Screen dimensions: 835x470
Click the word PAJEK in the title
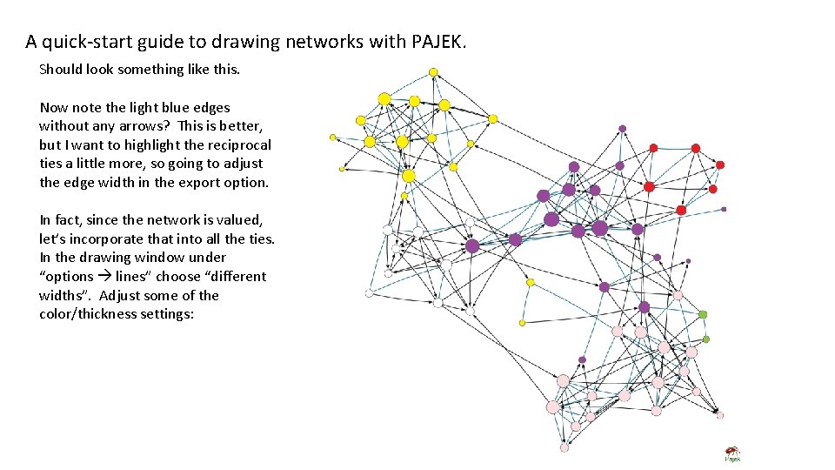(x=439, y=41)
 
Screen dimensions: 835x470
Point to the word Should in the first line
(x=63, y=69)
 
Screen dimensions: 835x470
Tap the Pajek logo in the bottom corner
(x=732, y=454)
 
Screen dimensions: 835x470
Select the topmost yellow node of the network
(x=433, y=71)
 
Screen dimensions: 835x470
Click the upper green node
(x=703, y=314)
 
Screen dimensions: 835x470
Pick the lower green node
(x=706, y=339)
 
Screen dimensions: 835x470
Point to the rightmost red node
(x=720, y=164)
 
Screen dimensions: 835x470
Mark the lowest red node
(x=681, y=210)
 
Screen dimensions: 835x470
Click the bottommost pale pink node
(x=564, y=447)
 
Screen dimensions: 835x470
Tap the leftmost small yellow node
(x=332, y=137)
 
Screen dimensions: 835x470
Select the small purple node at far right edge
(x=724, y=209)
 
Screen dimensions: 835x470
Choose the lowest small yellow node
(x=522, y=322)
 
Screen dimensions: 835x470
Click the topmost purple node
(x=622, y=128)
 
